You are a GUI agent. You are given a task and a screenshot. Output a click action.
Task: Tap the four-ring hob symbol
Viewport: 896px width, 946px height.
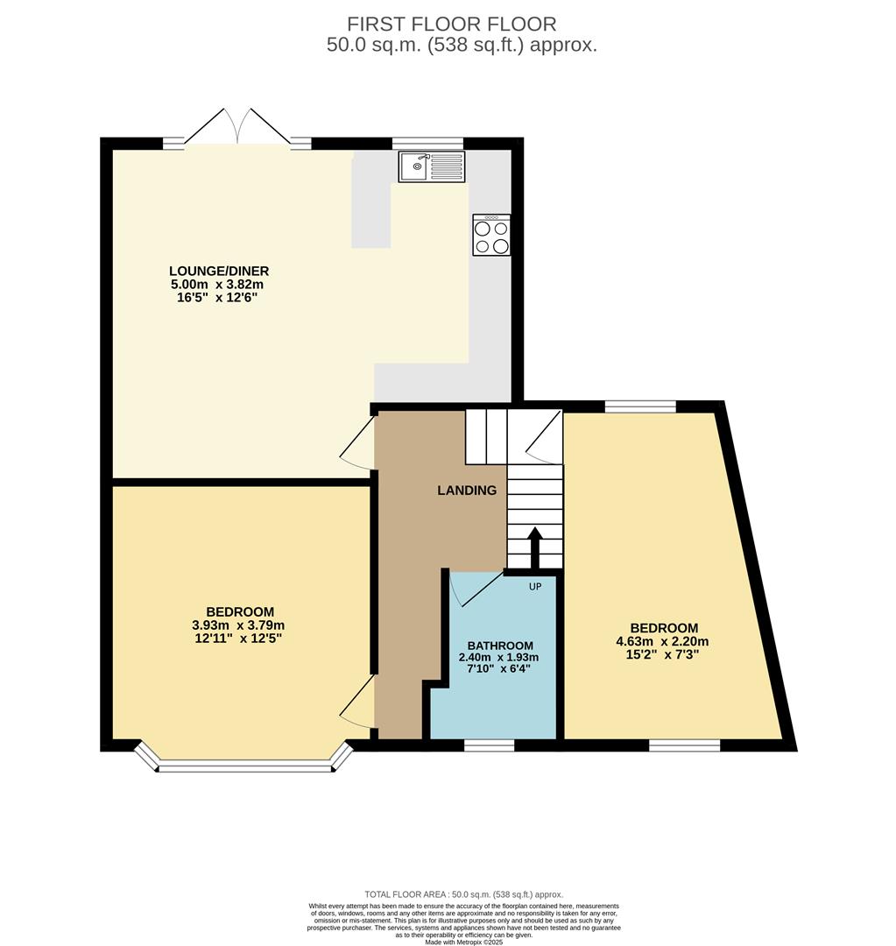pyautogui.click(x=491, y=235)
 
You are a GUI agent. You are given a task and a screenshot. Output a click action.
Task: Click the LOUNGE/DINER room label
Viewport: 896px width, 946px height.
pyautogui.click(x=220, y=271)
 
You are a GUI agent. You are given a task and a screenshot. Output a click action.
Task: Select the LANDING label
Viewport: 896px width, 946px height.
pyautogui.click(x=467, y=491)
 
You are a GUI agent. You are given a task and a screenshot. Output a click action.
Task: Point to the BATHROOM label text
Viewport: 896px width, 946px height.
pyautogui.click(x=499, y=646)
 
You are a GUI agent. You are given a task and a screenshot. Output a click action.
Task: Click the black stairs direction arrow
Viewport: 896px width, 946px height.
pyautogui.click(x=533, y=547)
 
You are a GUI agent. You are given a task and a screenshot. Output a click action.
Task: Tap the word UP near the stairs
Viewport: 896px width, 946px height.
pyautogui.click(x=534, y=586)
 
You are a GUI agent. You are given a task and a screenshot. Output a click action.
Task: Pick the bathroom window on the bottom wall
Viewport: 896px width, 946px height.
pyautogui.click(x=489, y=745)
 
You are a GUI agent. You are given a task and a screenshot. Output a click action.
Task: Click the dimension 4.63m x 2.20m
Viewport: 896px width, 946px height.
pyautogui.click(x=664, y=641)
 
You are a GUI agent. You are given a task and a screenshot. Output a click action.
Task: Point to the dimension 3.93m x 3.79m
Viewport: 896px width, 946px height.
pyautogui.click(x=239, y=625)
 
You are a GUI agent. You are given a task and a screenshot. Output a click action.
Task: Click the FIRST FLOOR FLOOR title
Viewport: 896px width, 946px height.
pyautogui.click(x=451, y=25)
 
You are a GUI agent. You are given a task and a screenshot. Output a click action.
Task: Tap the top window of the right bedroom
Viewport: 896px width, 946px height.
pyautogui.click(x=640, y=406)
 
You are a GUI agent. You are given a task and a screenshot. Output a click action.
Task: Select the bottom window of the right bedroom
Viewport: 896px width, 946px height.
pyautogui.click(x=684, y=745)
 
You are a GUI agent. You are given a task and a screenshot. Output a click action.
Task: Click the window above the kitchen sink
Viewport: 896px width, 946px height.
pyautogui.click(x=427, y=144)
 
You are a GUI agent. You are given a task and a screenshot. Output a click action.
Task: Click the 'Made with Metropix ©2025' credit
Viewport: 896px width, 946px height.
pyautogui.click(x=464, y=942)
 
